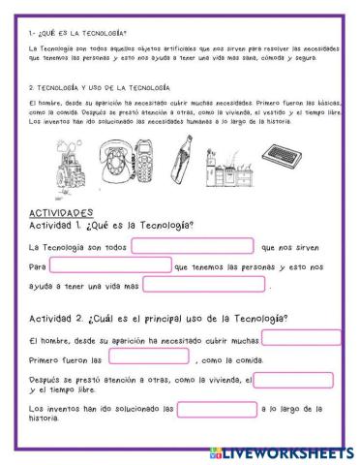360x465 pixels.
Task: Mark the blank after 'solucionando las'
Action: [217, 409]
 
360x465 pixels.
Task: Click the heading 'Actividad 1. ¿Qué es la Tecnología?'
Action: [112, 225]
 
